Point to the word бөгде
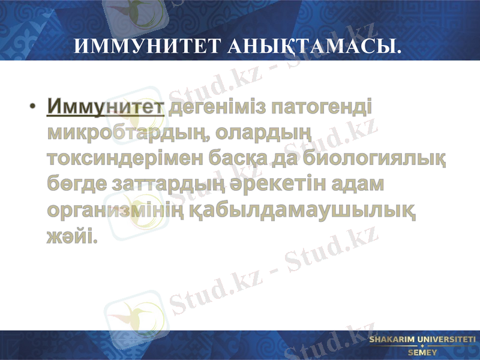(x=73, y=185)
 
